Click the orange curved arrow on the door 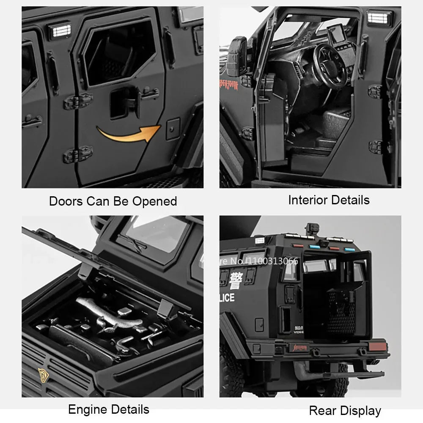pyautogui.click(x=127, y=135)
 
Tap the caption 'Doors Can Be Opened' pyautogui.click(x=113, y=201)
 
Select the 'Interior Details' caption pyautogui.click(x=329, y=200)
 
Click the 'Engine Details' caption pyautogui.click(x=109, y=409)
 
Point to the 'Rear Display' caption pyautogui.click(x=345, y=410)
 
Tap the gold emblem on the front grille pyautogui.click(x=42, y=374)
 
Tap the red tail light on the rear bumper pyautogui.click(x=378, y=347)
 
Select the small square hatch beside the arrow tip pyautogui.click(x=173, y=129)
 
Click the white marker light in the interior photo pyautogui.click(x=379, y=18)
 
